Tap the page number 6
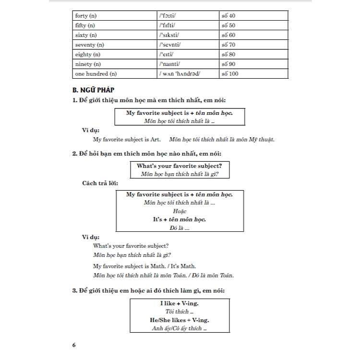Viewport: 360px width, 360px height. point(73,345)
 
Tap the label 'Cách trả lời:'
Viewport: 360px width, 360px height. point(100,184)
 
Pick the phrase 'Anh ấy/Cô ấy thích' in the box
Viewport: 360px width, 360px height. point(177,328)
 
